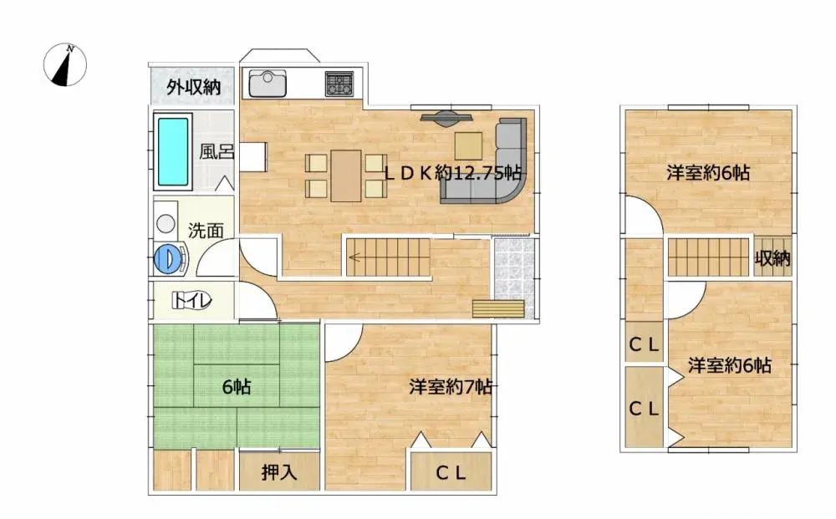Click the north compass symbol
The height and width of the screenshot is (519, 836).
[65, 66]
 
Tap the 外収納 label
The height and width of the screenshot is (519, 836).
[193, 87]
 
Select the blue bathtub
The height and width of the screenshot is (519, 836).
[173, 151]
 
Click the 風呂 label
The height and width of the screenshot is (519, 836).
[214, 153]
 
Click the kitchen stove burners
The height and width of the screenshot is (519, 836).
[339, 83]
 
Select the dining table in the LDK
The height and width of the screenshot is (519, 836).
[345, 175]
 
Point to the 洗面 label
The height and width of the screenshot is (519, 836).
[205, 231]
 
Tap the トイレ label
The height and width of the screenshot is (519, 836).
[192, 301]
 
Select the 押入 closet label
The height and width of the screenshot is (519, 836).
[278, 472]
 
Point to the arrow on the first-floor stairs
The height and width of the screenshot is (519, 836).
[354, 257]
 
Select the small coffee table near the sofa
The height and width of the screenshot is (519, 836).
[468, 145]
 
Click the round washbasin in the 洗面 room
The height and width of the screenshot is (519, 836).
[166, 223]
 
